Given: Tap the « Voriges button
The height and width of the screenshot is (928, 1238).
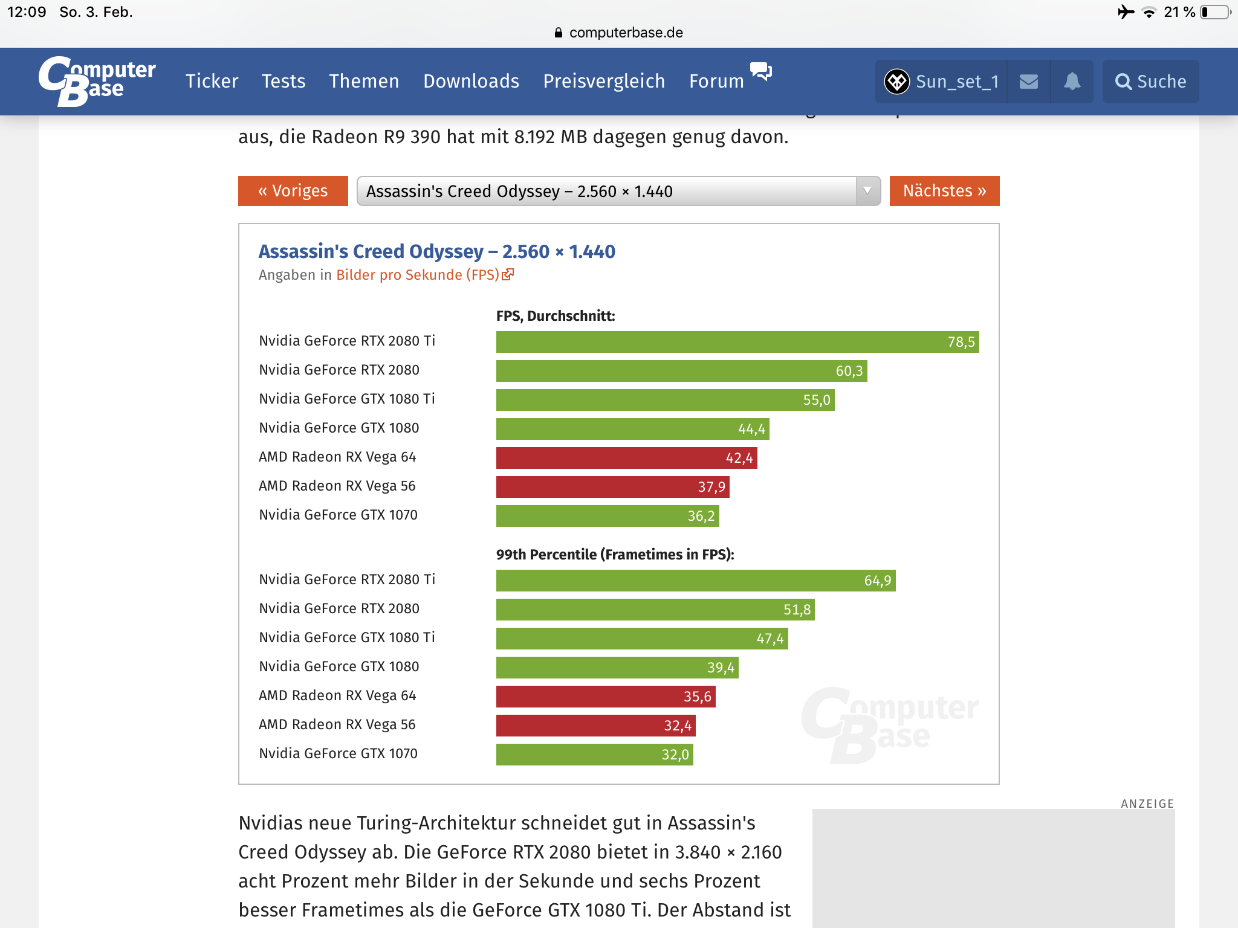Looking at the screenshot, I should click(293, 191).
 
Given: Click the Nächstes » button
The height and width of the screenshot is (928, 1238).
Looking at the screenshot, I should click(944, 191).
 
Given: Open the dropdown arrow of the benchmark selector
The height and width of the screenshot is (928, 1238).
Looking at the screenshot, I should click(867, 191).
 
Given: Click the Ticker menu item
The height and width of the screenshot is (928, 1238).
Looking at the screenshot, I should click(212, 81).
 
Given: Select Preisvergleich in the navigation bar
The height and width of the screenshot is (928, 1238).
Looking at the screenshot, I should click(604, 81).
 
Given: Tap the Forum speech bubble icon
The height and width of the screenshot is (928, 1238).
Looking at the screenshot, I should click(761, 71).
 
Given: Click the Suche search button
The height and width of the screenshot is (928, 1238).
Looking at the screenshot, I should click(1150, 82).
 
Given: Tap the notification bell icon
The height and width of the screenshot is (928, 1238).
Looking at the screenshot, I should click(1072, 82).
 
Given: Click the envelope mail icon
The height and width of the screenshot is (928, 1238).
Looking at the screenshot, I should click(1028, 82).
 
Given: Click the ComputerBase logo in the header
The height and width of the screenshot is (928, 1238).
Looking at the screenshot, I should click(97, 81).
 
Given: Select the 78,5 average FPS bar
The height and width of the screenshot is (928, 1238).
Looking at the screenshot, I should click(737, 342).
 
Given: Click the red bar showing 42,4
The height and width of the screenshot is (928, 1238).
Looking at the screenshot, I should click(626, 458).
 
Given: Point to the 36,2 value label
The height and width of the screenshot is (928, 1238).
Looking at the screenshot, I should click(701, 516).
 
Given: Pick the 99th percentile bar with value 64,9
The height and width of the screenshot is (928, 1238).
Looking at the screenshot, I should click(695, 581).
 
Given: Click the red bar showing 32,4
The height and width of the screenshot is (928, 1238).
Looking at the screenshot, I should click(595, 726).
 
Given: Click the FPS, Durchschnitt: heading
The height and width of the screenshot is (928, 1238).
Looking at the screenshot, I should click(556, 316).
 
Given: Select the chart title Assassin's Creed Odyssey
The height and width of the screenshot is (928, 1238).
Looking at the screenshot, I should click(436, 251).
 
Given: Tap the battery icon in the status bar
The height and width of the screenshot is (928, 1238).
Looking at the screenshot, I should click(1215, 12).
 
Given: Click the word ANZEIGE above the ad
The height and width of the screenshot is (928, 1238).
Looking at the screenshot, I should click(1147, 804).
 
